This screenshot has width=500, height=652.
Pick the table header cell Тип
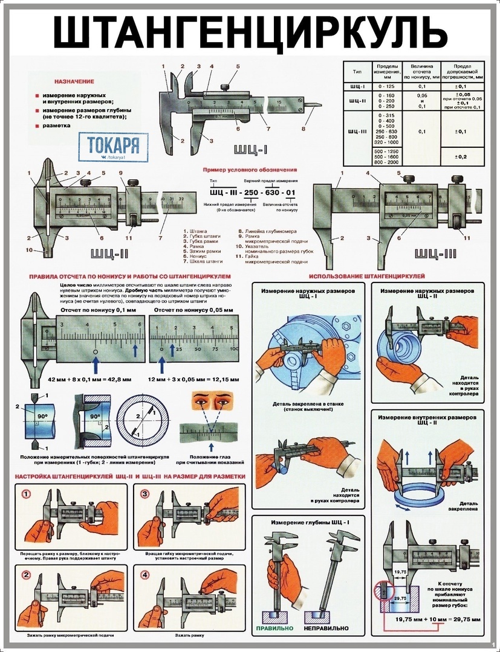click(x=357, y=71)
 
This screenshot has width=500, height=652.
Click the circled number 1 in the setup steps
click(x=26, y=494)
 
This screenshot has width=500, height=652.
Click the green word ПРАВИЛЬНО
click(x=274, y=628)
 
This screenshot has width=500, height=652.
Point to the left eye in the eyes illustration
click(x=200, y=399)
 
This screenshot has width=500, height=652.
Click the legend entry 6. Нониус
click(x=195, y=257)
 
